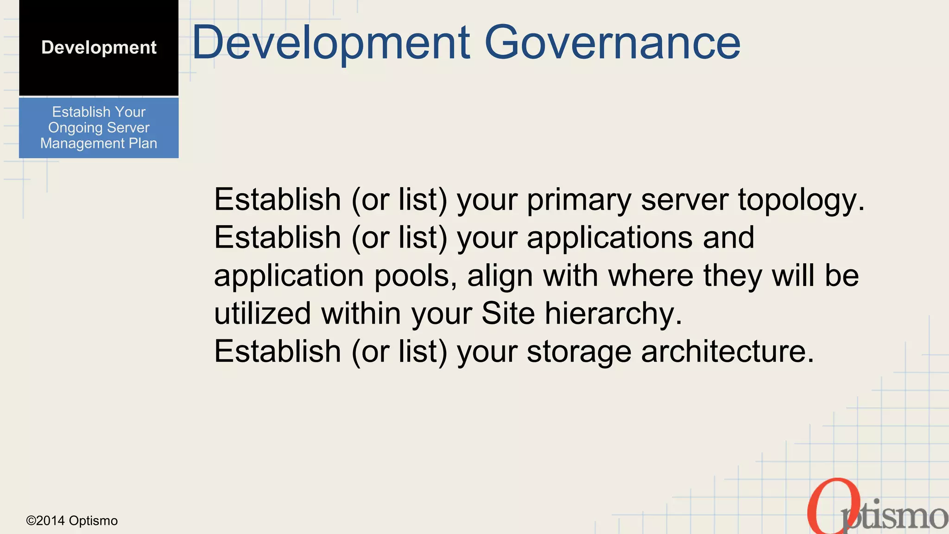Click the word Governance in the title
click(x=612, y=43)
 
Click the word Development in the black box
click(x=99, y=47)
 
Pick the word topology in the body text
click(x=801, y=200)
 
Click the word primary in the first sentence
click(x=579, y=200)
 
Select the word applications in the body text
click(x=609, y=238)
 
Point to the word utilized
click(x=262, y=314)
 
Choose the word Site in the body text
click(x=508, y=314)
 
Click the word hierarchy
click(x=613, y=314)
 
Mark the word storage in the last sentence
click(x=579, y=352)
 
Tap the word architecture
click(x=727, y=352)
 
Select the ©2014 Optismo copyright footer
click(x=72, y=521)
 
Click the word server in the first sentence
click(x=684, y=200)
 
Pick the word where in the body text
click(x=651, y=276)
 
